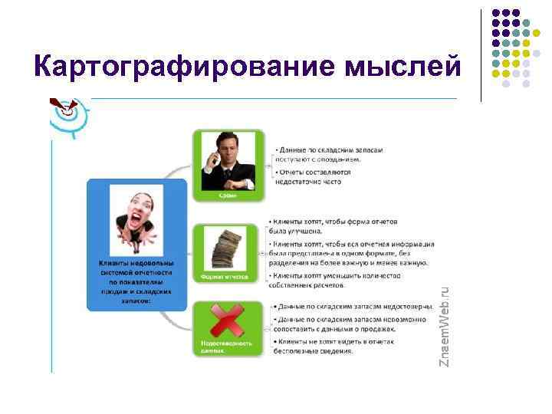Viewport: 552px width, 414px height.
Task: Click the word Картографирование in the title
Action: (x=176, y=67)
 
